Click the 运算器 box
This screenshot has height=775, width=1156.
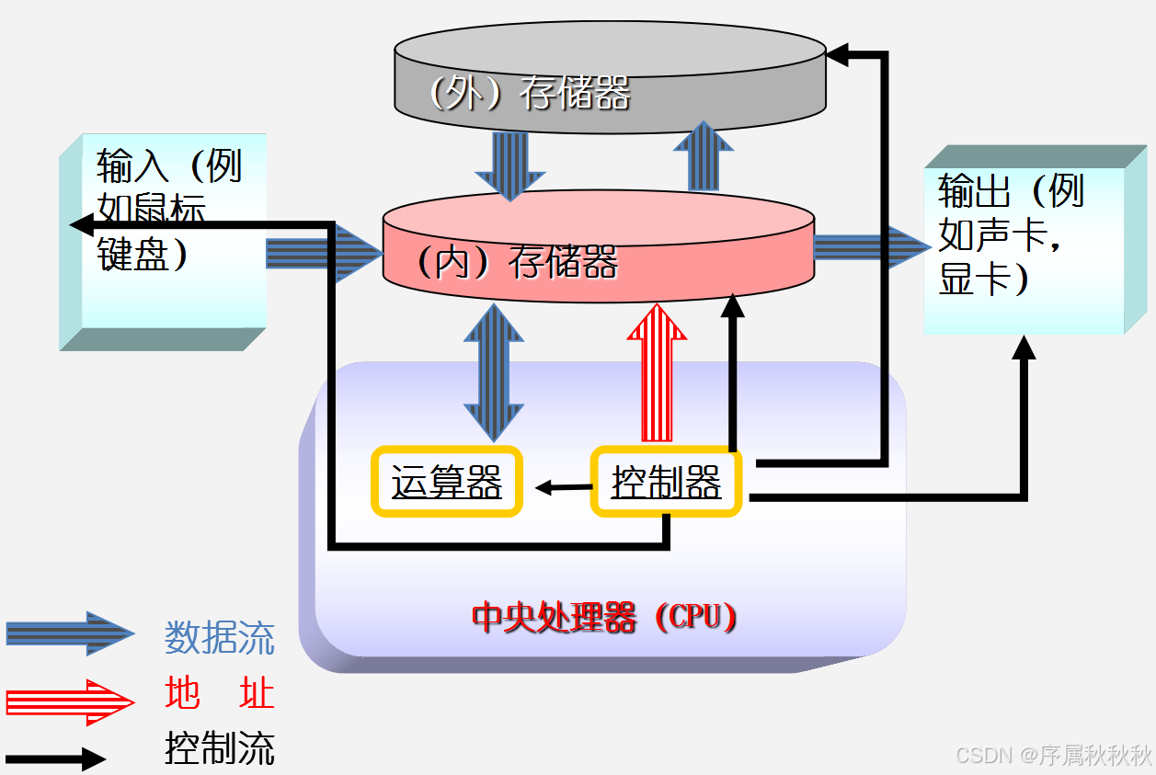pyautogui.click(x=447, y=481)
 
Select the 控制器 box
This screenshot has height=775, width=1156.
pyautogui.click(x=666, y=481)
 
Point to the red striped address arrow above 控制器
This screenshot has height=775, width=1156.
pyautogui.click(x=657, y=372)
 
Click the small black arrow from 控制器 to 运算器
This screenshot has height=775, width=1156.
pyautogui.click(x=563, y=487)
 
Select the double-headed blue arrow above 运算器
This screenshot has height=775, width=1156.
pyautogui.click(x=495, y=372)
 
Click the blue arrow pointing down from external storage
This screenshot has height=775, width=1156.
pyautogui.click(x=509, y=165)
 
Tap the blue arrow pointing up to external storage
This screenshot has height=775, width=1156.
pyautogui.click(x=704, y=156)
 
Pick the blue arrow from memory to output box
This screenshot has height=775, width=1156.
pyautogui.click(x=870, y=246)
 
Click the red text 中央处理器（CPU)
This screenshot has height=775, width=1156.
pyautogui.click(x=604, y=617)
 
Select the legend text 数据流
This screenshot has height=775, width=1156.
pyautogui.click(x=220, y=637)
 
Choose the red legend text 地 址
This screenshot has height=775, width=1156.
pyautogui.click(x=220, y=693)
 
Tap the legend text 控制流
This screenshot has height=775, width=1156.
pyautogui.click(x=220, y=748)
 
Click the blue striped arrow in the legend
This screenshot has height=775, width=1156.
pyautogui.click(x=70, y=633)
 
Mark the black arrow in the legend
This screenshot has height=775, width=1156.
pyautogui.click(x=55, y=759)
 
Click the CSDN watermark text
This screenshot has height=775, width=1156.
pyautogui.click(x=1054, y=756)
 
